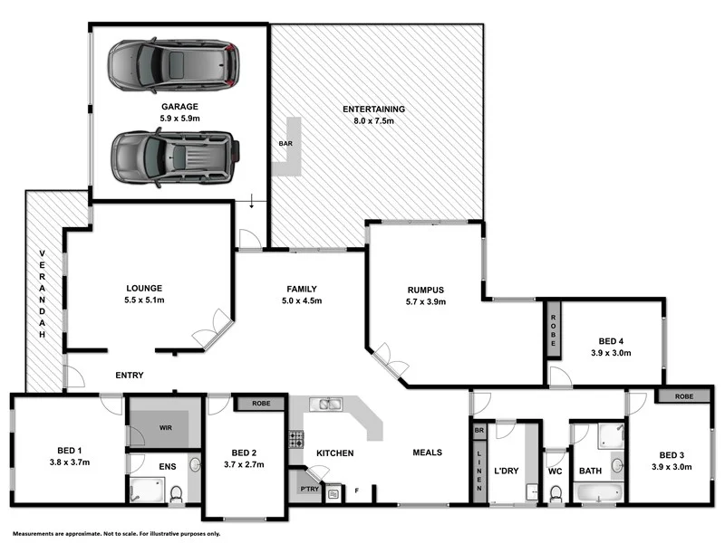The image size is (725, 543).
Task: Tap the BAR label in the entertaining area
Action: [x=285, y=143]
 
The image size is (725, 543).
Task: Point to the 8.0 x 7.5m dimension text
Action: [x=373, y=122]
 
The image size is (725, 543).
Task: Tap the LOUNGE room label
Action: [x=143, y=286]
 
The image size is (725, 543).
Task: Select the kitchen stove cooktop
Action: [x=295, y=440]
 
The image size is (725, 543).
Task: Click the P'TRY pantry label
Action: [x=309, y=490]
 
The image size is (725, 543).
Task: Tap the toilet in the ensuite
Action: [x=176, y=494]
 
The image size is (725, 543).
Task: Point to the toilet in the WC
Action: [x=555, y=493]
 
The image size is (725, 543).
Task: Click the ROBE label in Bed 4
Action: [x=552, y=329]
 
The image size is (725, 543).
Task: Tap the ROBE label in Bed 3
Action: [x=685, y=396]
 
